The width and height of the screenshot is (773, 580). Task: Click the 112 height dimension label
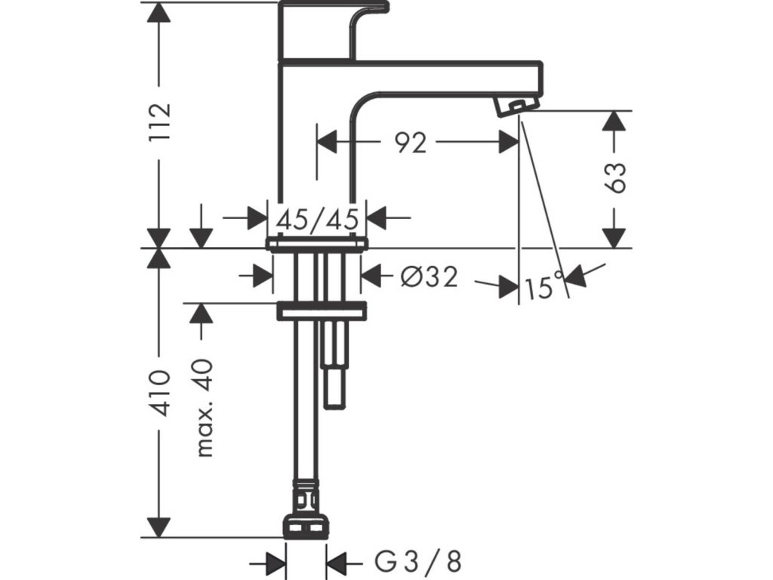(162, 122)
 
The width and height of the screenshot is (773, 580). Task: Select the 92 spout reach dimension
(410, 143)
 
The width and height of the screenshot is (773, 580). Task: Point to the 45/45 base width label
(317, 219)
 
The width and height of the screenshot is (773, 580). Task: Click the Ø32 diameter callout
(429, 277)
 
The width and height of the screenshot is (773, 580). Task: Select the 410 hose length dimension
(162, 393)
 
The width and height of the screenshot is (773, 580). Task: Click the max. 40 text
(205, 408)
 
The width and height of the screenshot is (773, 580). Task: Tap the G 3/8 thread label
(418, 561)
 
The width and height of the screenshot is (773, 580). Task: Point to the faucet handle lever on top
(334, 29)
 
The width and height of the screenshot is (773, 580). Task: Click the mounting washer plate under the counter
(322, 311)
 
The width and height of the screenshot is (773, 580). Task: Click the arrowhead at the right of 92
(508, 142)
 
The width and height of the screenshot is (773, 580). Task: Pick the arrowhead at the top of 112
(159, 11)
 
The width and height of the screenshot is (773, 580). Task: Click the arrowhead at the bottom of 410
(159, 528)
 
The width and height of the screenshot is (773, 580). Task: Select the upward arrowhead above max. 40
(201, 313)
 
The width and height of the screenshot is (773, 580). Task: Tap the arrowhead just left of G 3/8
(276, 563)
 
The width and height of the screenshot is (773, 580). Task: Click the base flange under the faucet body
(318, 244)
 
